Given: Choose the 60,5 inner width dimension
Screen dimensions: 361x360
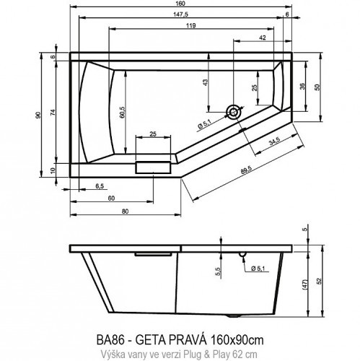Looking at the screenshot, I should click(x=125, y=111).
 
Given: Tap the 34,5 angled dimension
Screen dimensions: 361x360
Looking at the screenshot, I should click(x=274, y=142).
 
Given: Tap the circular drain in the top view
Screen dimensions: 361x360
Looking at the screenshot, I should click(x=233, y=112).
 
